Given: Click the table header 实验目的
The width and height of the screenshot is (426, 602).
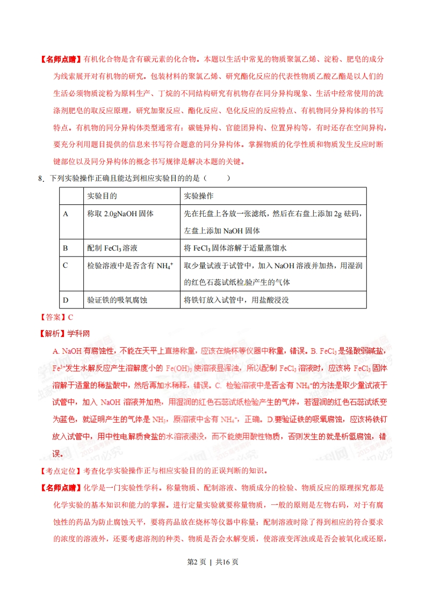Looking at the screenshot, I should [102, 196].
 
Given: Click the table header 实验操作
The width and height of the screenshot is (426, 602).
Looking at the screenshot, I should [199, 196].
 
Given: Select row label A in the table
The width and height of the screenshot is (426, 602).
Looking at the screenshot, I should [66, 214].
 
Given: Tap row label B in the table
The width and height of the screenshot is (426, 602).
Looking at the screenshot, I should [65, 248].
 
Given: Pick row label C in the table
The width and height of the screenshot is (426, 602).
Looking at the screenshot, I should [65, 265].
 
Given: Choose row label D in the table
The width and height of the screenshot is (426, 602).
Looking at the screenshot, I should [66, 300].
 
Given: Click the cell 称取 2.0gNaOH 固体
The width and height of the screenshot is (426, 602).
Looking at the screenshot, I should [120, 214].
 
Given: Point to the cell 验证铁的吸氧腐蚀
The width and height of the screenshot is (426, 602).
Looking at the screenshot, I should [117, 300].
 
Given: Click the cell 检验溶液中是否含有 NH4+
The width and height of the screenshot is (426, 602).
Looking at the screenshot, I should [129, 265].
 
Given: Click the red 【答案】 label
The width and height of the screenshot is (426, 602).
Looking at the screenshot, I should [52, 317].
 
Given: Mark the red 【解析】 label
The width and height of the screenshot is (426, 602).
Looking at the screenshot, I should [52, 334].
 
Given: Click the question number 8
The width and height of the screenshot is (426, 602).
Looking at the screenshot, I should [41, 179].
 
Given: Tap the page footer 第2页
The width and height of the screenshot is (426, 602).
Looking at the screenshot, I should [195, 562].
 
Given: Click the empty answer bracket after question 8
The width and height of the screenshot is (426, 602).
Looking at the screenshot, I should [218, 179].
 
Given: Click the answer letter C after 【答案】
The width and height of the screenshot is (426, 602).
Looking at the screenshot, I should [70, 317].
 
